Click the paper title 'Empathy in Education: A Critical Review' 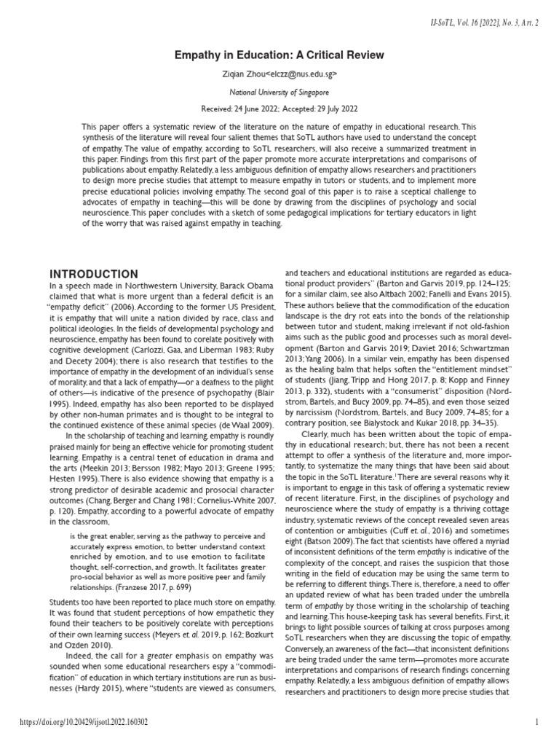pyautogui.click(x=279, y=55)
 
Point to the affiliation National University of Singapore pyautogui.click(x=279, y=93)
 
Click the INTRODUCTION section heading pyautogui.click(x=93, y=273)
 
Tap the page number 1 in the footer pyautogui.click(x=536, y=723)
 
